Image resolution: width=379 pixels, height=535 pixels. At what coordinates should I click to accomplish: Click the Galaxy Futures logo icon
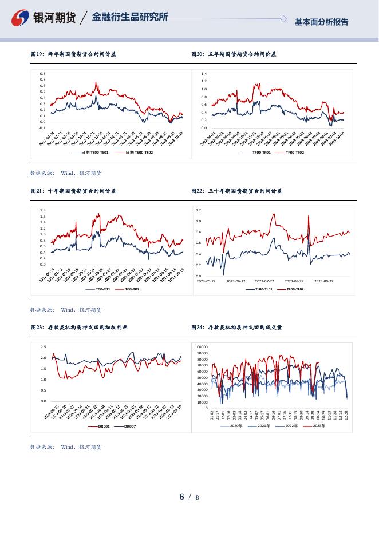click(21, 18)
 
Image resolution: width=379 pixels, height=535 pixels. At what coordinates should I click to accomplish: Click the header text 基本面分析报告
click(321, 22)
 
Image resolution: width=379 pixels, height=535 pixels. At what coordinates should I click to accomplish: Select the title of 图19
click(73, 54)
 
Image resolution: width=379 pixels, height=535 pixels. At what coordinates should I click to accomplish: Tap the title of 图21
click(73, 191)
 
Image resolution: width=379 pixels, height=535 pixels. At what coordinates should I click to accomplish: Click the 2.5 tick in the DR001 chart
click(44, 347)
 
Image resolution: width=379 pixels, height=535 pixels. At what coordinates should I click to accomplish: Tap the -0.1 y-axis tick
click(42, 128)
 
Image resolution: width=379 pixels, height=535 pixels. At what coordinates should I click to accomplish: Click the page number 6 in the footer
click(182, 497)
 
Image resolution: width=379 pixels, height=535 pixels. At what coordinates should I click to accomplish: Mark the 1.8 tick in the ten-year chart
click(43, 210)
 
